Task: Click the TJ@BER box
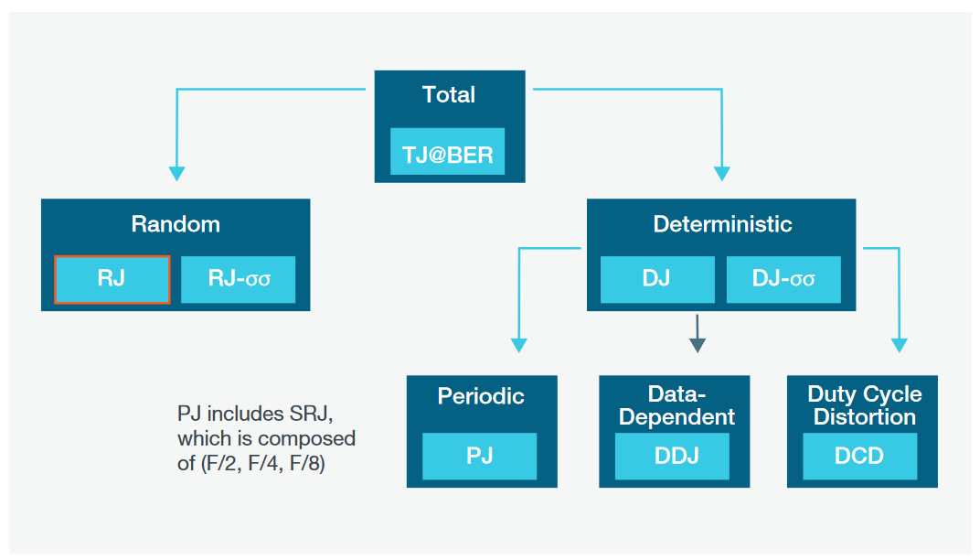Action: pos(447,152)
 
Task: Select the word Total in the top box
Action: pos(449,95)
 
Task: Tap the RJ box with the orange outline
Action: pos(112,279)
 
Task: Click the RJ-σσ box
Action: pos(239,279)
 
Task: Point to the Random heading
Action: pos(176,224)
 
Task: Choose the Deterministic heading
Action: pos(722,224)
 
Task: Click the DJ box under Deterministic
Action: pos(656,279)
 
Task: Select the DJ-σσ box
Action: pos(783,279)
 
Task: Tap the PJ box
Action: pos(480,456)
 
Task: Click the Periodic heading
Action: pos(481,396)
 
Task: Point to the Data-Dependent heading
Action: pos(676,405)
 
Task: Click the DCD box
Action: pos(859,456)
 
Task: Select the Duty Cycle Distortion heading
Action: pos(865,405)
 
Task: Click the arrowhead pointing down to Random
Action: pos(177,173)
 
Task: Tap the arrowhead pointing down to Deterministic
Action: pos(722,173)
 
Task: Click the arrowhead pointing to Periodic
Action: pos(519,345)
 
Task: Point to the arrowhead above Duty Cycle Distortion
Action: pos(900,345)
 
